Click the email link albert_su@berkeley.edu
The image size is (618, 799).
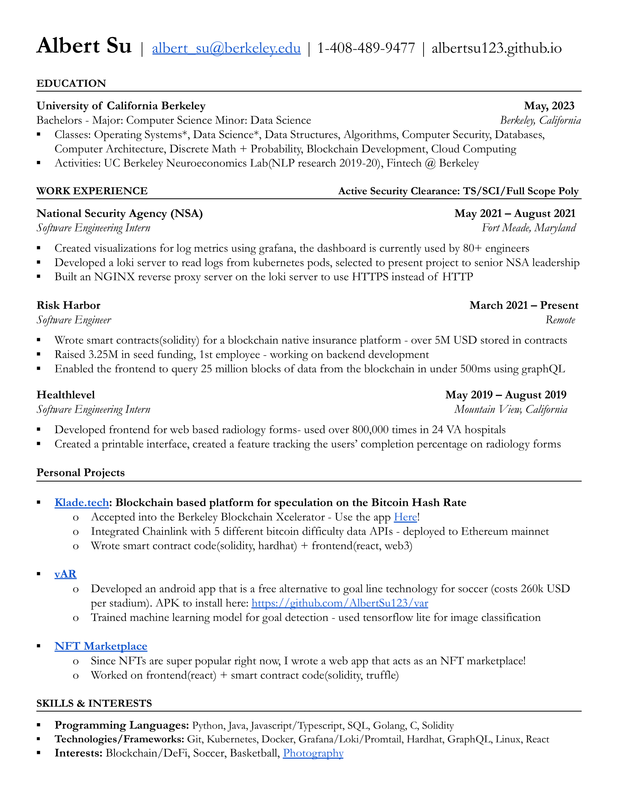click(226, 48)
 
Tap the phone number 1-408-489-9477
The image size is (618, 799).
click(366, 48)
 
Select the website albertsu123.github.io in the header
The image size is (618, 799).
click(497, 48)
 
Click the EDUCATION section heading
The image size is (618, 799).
click(71, 84)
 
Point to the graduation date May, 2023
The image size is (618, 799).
click(549, 106)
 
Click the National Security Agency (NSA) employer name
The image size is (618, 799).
click(119, 213)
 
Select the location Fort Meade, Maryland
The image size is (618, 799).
click(528, 228)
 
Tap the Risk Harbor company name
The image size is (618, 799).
click(68, 305)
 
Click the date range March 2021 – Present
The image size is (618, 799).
click(523, 305)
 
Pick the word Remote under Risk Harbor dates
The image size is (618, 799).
click(560, 320)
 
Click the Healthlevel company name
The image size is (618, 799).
click(65, 395)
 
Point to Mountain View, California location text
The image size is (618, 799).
click(510, 409)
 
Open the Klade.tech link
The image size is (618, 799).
click(82, 503)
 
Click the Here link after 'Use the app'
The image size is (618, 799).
click(405, 517)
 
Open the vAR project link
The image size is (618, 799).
click(65, 574)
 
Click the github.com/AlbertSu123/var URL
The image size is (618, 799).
click(340, 603)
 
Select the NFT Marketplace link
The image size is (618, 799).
click(101, 646)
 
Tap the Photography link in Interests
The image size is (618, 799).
click(313, 753)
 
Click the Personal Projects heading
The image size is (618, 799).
click(81, 472)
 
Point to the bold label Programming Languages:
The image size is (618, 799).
click(121, 725)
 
